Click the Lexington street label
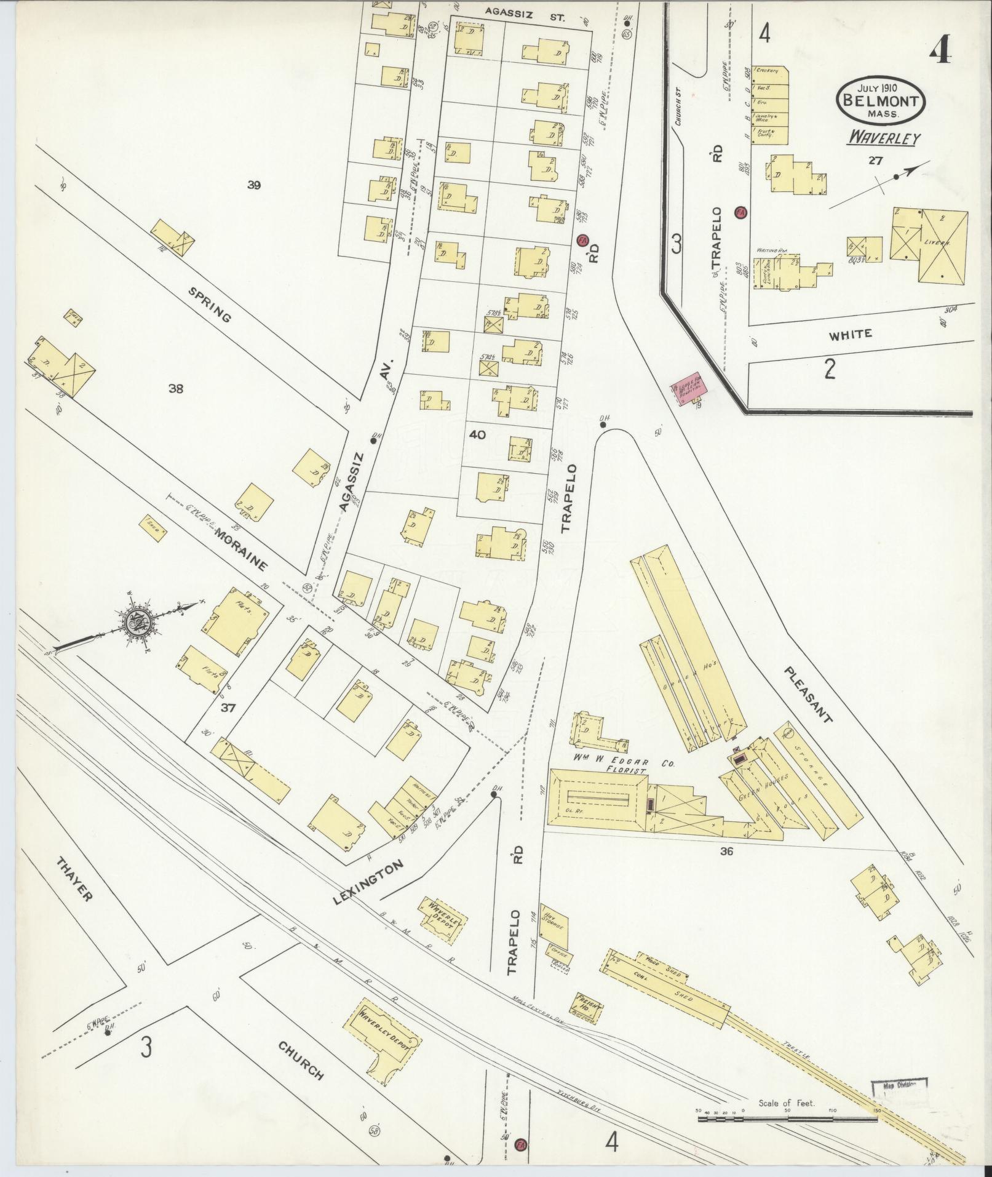(368, 883)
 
